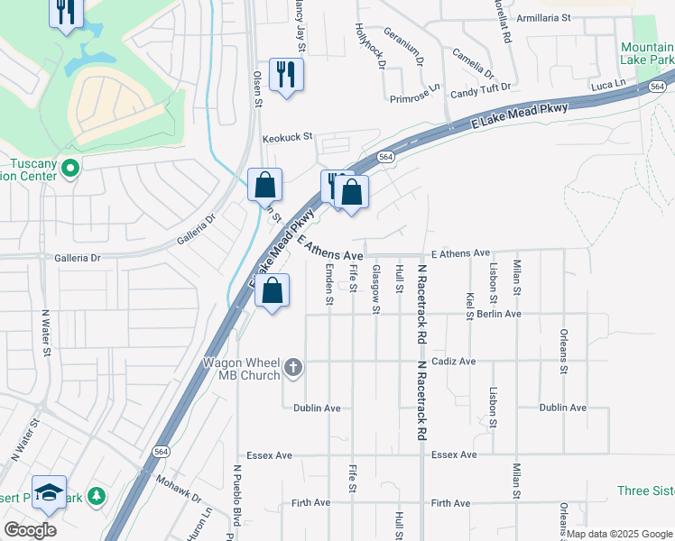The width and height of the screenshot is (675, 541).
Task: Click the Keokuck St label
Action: tap(287, 138)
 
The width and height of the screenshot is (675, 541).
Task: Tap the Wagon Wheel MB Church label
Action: tap(241, 368)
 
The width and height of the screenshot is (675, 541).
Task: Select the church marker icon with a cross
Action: tap(292, 368)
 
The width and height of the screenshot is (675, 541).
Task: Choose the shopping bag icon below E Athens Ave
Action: tap(272, 291)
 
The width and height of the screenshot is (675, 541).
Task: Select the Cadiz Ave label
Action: tap(454, 362)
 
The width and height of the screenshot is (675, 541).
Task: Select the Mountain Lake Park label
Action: tap(646, 52)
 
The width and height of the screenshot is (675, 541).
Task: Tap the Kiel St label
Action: tap(470, 306)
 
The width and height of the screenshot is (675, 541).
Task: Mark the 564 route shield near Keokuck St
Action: tap(385, 156)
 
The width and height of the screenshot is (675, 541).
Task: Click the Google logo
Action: tap(30, 530)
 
